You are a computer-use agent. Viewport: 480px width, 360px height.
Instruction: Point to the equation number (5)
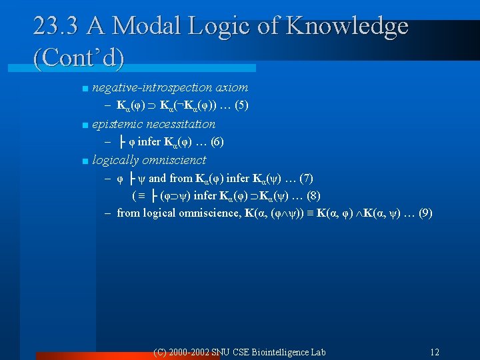click(239, 105)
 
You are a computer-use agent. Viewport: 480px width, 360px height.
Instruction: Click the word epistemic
click(116, 124)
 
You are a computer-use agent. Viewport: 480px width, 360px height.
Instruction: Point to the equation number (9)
click(423, 213)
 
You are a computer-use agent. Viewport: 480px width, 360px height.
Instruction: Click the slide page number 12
click(435, 351)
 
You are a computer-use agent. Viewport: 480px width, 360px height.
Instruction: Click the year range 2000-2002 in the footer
click(191, 351)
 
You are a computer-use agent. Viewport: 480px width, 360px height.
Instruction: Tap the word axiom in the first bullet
click(236, 87)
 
